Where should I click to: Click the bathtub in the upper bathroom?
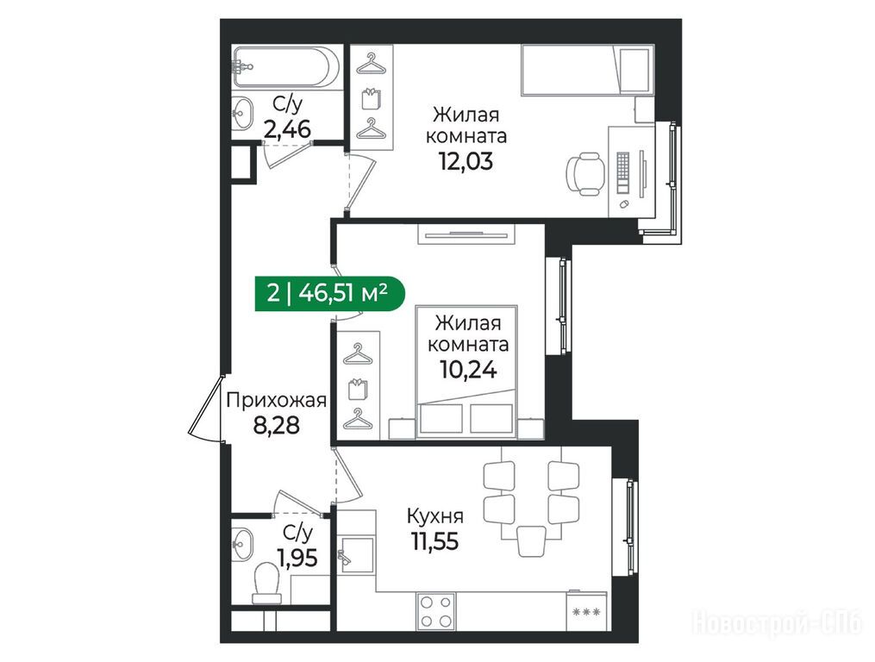coord(285,66)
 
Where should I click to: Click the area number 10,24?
coord(468,369)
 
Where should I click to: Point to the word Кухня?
coord(435,515)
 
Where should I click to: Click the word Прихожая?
coord(276,400)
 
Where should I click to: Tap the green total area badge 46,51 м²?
coord(329,292)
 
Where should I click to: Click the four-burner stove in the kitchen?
coord(436,612)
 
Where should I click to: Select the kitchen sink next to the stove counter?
coord(355,555)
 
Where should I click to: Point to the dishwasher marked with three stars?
coord(585,612)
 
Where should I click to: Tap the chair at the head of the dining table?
coord(531,540)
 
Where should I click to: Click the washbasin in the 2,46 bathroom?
coord(242,114)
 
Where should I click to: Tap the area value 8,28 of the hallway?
coord(276,425)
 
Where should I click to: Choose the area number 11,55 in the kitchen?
coord(435,540)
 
